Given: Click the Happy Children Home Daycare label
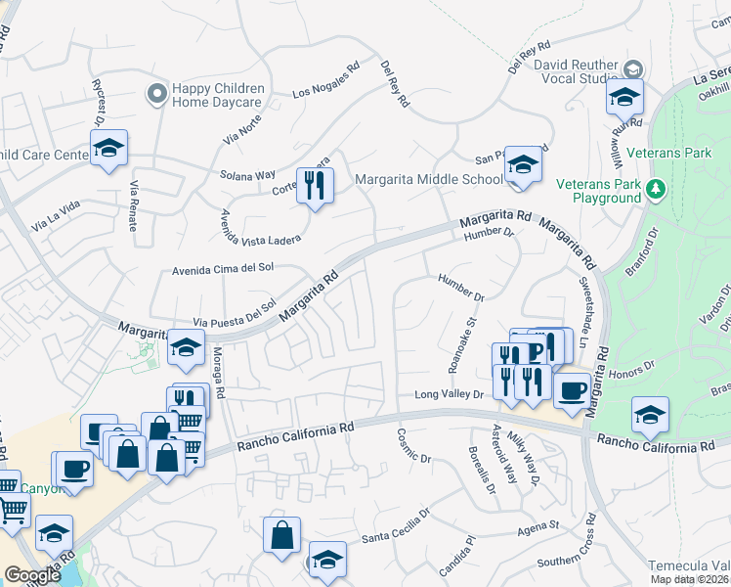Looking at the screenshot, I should pos(217,94).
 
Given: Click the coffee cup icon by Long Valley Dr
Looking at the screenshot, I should pos(573,390).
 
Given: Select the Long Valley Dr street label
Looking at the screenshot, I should pos(450,394).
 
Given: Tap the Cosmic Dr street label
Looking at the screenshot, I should pos(414,444).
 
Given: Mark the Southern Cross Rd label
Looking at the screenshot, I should pos(573,560).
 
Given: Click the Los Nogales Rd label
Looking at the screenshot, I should pos(327,81).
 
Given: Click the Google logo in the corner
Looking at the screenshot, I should pos(32,574).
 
